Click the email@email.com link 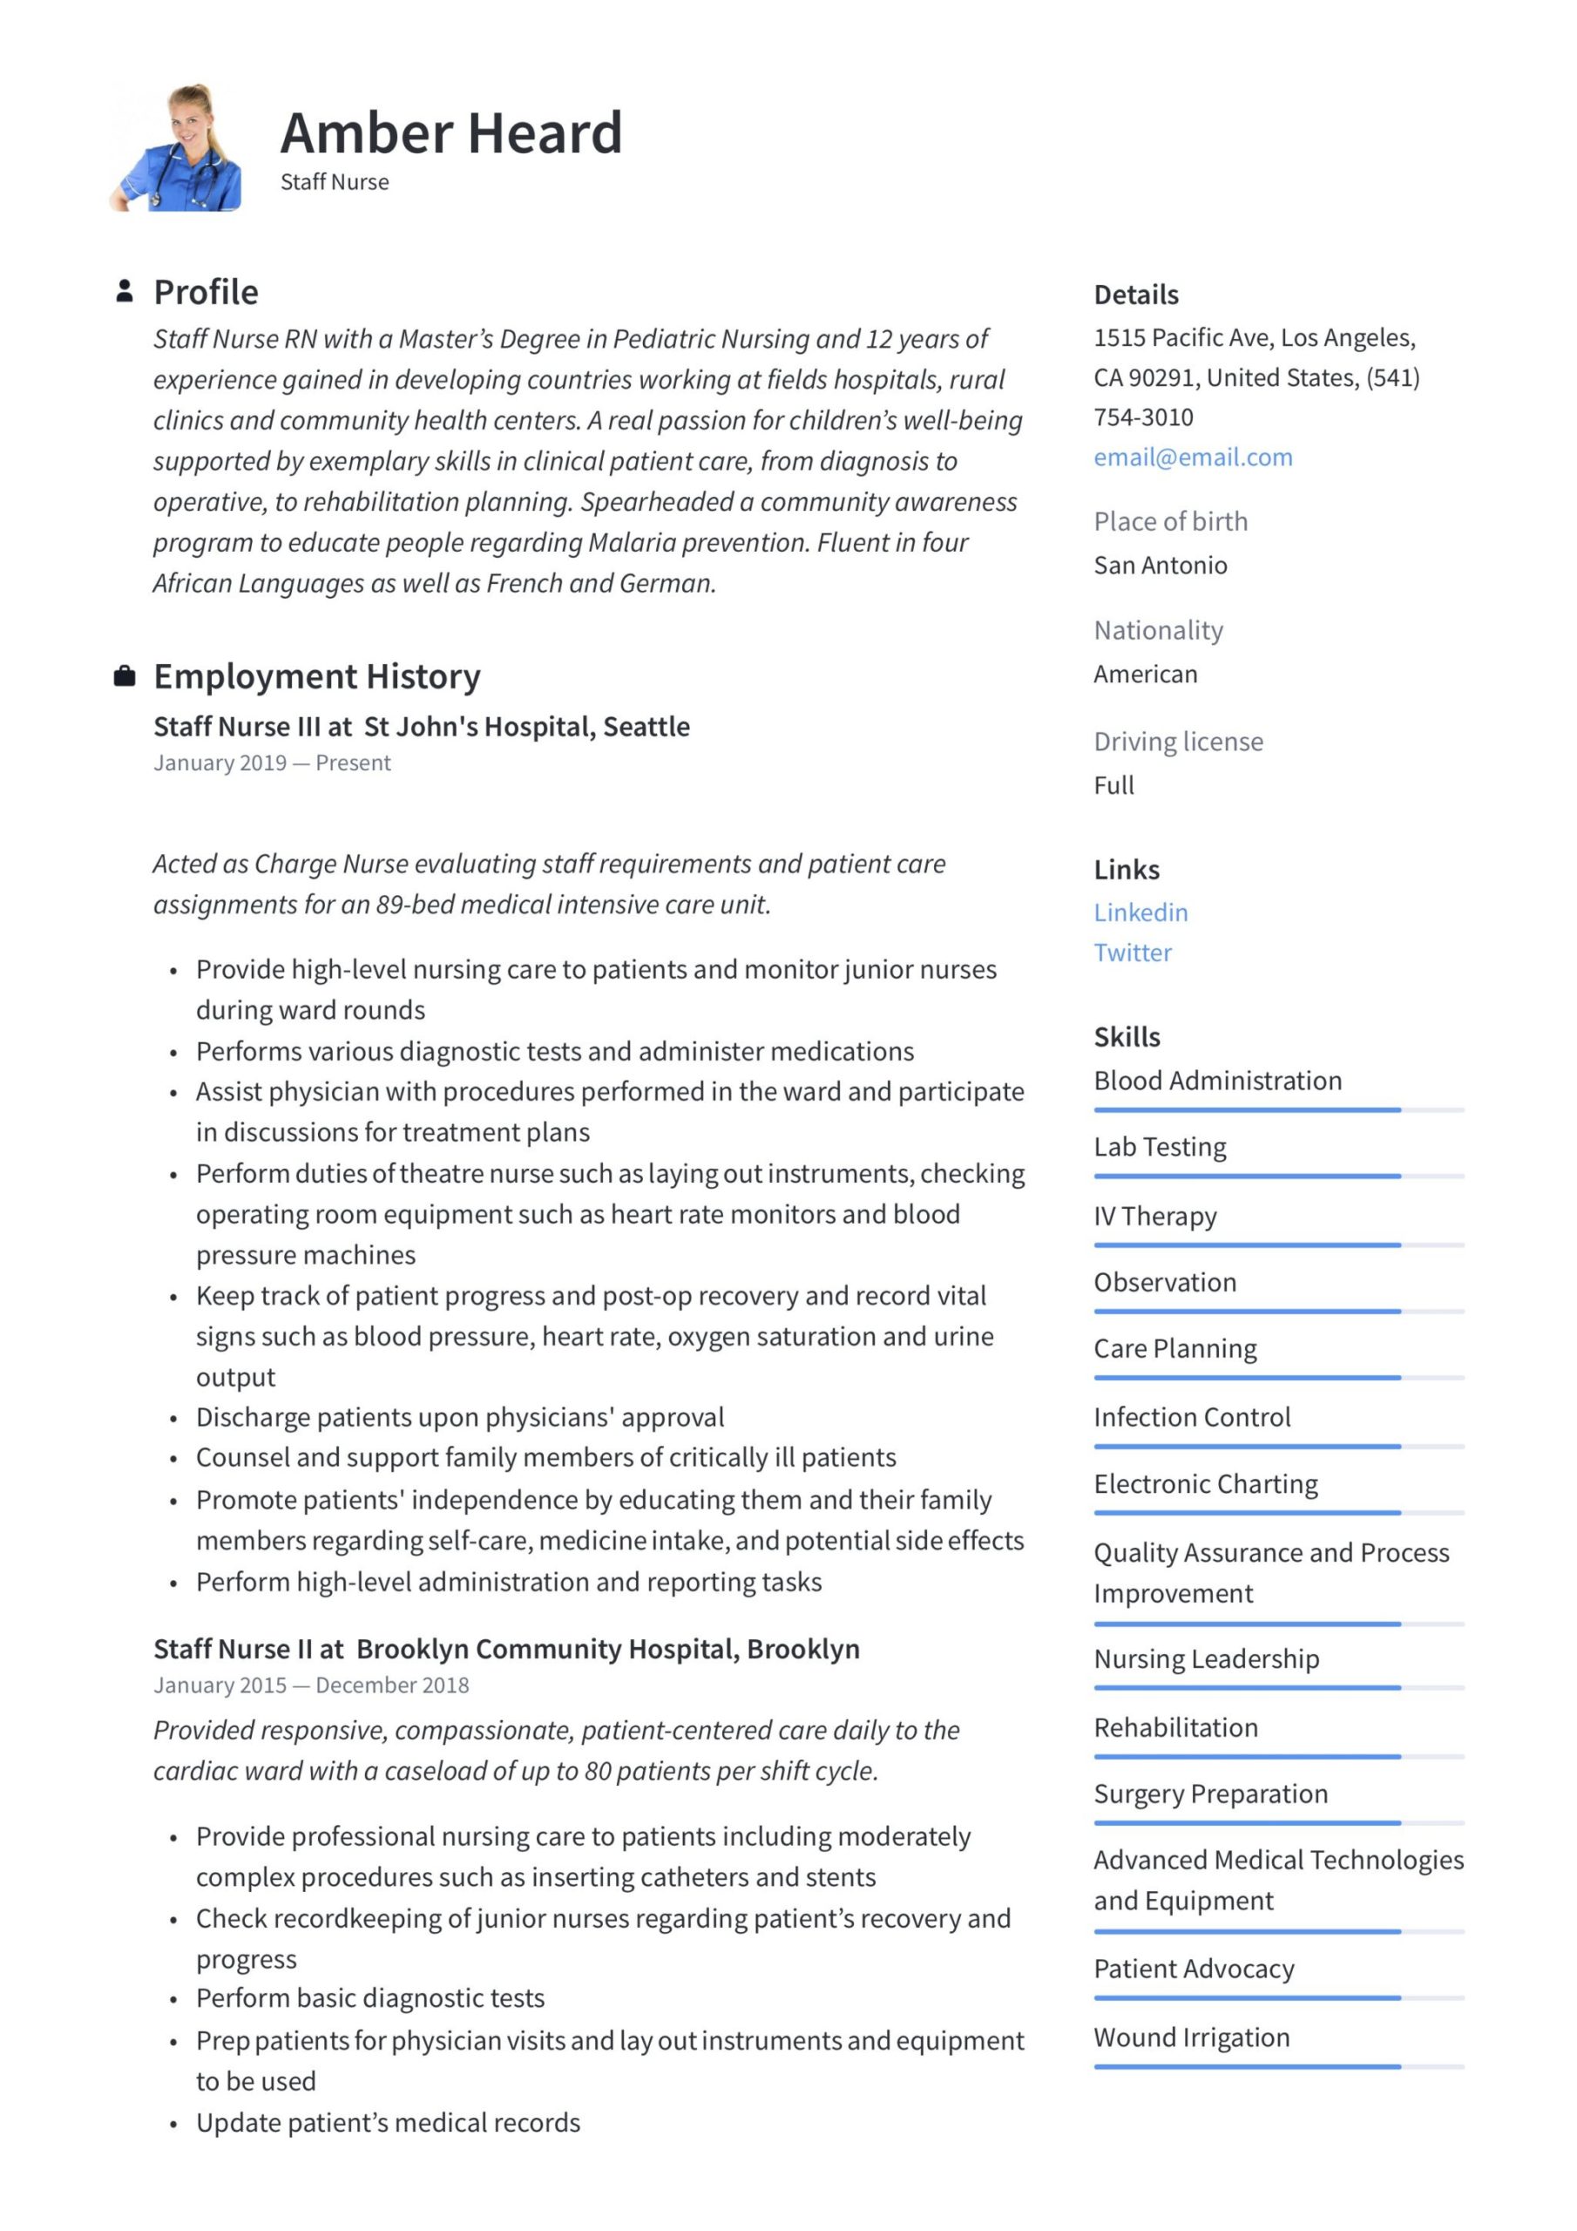(1192, 458)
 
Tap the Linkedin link (1140, 912)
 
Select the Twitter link (1132, 953)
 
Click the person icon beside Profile (125, 290)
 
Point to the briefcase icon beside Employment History (125, 675)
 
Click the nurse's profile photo (177, 147)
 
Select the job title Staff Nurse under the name (335, 182)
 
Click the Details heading (1135, 295)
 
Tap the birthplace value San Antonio (1161, 566)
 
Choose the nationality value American (1145, 675)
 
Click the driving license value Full (1113, 785)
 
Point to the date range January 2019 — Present (271, 763)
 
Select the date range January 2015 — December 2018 (311, 1685)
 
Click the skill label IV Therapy (1154, 1216)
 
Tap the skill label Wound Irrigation (1191, 2037)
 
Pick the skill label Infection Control (1191, 1417)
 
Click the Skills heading (1127, 1037)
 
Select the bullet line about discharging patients (459, 1417)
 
